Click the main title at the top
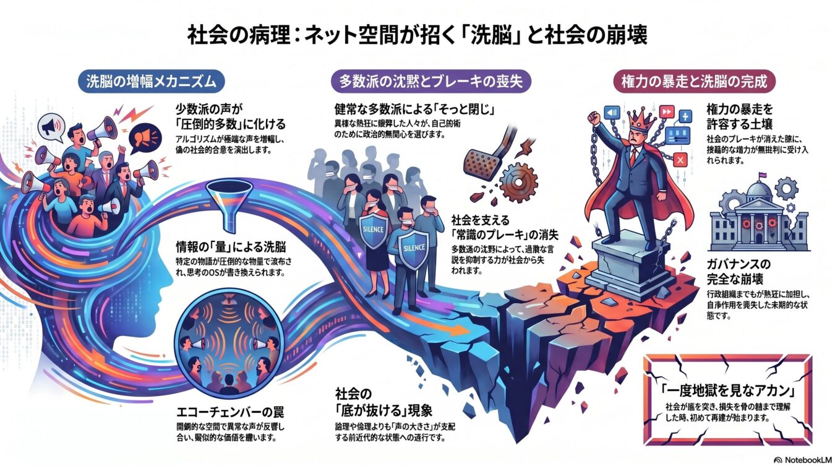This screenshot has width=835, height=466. pos(417,35)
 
